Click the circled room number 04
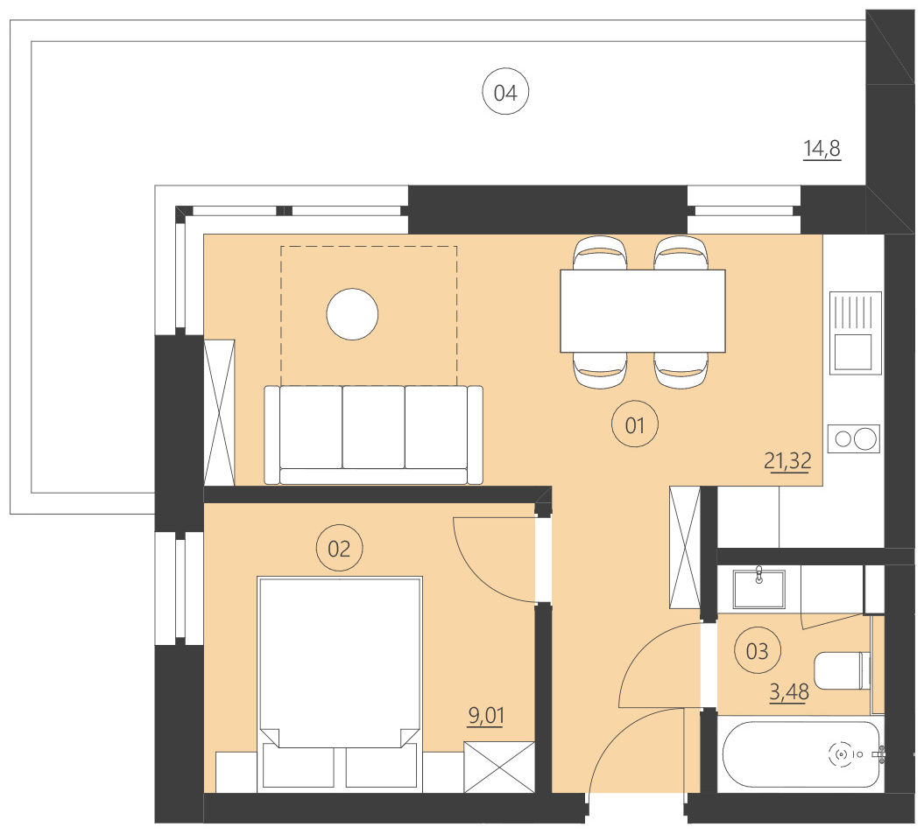tap(505, 93)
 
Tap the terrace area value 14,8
tap(822, 150)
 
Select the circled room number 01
tap(634, 426)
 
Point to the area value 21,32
tap(787, 460)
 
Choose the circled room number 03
tap(757, 651)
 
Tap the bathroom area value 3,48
tap(788, 693)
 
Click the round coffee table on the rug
tap(352, 314)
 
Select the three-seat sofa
tap(374, 435)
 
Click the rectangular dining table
tap(642, 311)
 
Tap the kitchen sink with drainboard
tap(853, 333)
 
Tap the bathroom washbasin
tap(758, 587)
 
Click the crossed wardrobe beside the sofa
tap(219, 411)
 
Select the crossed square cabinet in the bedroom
tap(499, 767)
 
